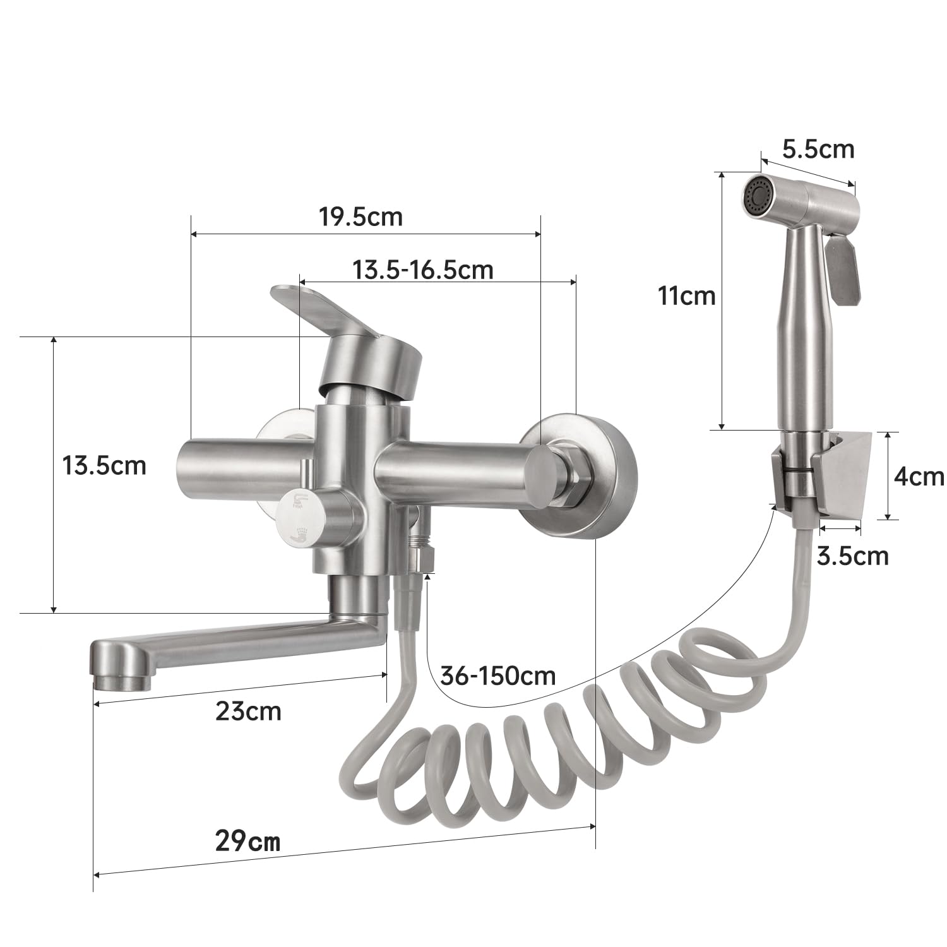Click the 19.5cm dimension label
360,217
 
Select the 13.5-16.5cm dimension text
422,270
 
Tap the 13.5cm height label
104,466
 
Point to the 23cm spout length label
248,712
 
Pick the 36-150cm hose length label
499,676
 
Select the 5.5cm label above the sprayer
818,149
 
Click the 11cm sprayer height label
688,295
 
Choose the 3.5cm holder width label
852,556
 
